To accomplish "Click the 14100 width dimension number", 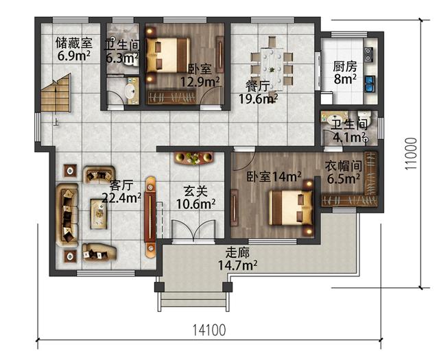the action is pyautogui.click(x=209, y=330).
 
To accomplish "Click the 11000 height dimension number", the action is pyautogui.click(x=411, y=154).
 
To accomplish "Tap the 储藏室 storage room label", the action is pyautogui.click(x=73, y=43).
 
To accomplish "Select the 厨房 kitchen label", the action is pyautogui.click(x=345, y=67).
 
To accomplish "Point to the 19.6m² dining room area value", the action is pyautogui.click(x=258, y=99).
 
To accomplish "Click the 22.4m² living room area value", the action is pyautogui.click(x=121, y=197).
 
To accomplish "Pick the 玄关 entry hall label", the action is pyautogui.click(x=195, y=191).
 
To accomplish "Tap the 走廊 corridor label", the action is pyautogui.click(x=237, y=253).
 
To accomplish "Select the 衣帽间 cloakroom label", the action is pyautogui.click(x=344, y=166).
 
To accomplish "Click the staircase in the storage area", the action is pyautogui.click(x=56, y=94).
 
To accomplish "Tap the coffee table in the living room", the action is pyautogui.click(x=99, y=213).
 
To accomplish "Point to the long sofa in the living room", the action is pyautogui.click(x=67, y=215).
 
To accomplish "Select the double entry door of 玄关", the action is pyautogui.click(x=193, y=231).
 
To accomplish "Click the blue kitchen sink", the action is pyautogui.click(x=370, y=84).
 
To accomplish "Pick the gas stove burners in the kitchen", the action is pyautogui.click(x=368, y=54).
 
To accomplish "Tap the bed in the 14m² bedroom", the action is pyautogui.click(x=290, y=208).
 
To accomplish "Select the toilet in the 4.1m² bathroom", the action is pyautogui.click(x=364, y=117).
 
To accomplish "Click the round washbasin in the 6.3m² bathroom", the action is pyautogui.click(x=130, y=90).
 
